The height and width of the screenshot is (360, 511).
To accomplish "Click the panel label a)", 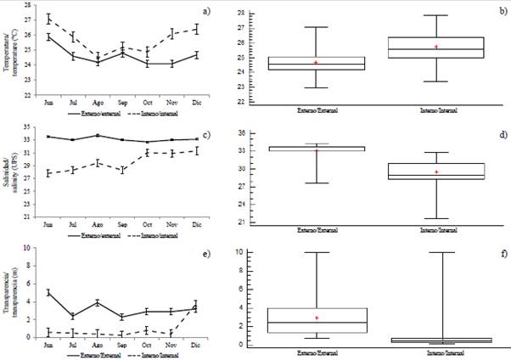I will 230,10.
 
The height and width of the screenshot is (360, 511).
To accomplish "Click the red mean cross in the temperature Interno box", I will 436,47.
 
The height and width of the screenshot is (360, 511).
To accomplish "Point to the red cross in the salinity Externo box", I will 317,151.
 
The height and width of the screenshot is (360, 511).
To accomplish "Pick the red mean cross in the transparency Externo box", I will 317,318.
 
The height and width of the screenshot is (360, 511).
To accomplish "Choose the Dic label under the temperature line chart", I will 198,105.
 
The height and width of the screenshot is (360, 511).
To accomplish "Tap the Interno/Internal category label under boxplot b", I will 435,112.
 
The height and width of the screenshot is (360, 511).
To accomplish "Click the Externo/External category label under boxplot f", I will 317,352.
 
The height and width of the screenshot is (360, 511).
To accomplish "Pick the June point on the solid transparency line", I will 48,292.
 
